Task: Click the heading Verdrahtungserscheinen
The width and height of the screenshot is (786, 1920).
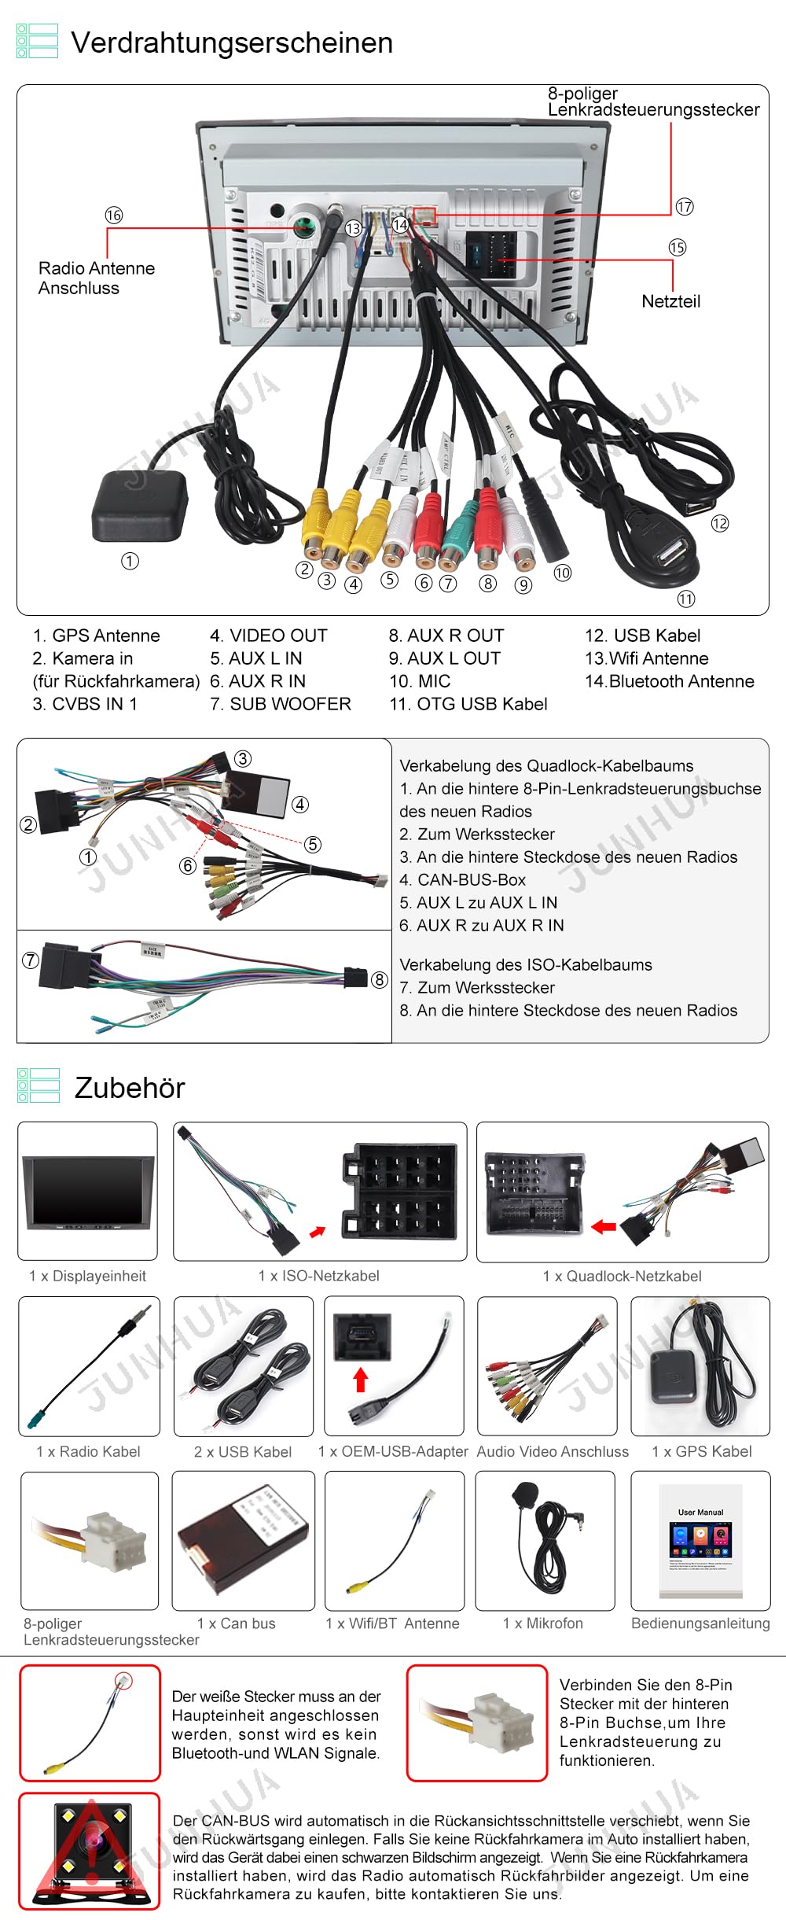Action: pyautogui.click(x=232, y=42)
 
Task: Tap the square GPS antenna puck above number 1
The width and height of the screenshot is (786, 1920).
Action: pyautogui.click(x=139, y=507)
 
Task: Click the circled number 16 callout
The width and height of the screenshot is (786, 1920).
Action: pyautogui.click(x=114, y=216)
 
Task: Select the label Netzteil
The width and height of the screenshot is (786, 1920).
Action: pyautogui.click(x=670, y=301)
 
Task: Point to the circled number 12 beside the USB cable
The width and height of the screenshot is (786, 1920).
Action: pyautogui.click(x=719, y=524)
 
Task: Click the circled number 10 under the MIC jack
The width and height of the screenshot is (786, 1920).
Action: pyautogui.click(x=562, y=573)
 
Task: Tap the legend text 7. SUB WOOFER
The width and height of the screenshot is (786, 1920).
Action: pyautogui.click(x=280, y=704)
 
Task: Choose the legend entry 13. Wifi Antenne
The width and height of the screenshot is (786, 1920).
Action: pyautogui.click(x=646, y=658)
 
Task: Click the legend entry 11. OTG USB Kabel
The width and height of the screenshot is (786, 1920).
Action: pyautogui.click(x=468, y=704)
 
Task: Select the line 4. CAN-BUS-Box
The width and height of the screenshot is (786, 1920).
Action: pyautogui.click(x=462, y=879)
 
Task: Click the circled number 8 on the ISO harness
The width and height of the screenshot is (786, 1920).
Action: pyautogui.click(x=379, y=979)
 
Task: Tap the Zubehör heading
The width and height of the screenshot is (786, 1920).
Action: pyautogui.click(x=130, y=1088)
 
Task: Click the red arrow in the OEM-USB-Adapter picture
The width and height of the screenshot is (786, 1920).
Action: pyautogui.click(x=361, y=1380)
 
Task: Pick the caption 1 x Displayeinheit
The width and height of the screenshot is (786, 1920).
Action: pyautogui.click(x=87, y=1276)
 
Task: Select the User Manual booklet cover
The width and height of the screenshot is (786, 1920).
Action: pyautogui.click(x=700, y=1539)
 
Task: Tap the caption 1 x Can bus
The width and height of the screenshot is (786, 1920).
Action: pyautogui.click(x=236, y=1623)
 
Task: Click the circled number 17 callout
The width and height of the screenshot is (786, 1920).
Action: pyautogui.click(x=685, y=207)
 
